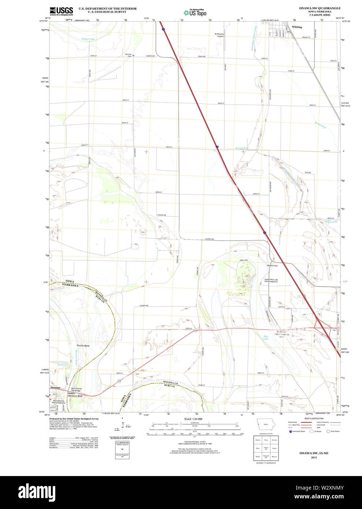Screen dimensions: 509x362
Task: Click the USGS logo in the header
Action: click(x=61, y=11)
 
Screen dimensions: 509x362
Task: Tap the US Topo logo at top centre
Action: click(x=195, y=12)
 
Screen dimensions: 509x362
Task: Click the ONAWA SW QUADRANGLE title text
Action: click(x=320, y=8)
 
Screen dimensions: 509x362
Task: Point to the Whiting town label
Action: click(x=297, y=27)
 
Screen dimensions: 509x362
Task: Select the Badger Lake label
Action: click(x=88, y=39)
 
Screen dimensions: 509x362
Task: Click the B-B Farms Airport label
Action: click(x=219, y=35)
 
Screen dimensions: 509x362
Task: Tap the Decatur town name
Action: click(x=55, y=387)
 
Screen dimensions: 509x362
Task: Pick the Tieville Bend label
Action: click(x=83, y=346)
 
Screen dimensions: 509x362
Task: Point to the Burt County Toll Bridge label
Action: click(x=76, y=390)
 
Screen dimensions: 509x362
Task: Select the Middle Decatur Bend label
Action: click(x=75, y=396)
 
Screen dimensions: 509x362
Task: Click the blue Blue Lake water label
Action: click(x=266, y=338)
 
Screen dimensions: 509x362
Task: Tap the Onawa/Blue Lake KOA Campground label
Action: click(x=271, y=280)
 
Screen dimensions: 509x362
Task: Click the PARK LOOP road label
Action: click(x=244, y=260)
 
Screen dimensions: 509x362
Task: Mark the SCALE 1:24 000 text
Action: click(x=193, y=419)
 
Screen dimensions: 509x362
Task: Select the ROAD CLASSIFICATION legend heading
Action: click(x=314, y=418)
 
